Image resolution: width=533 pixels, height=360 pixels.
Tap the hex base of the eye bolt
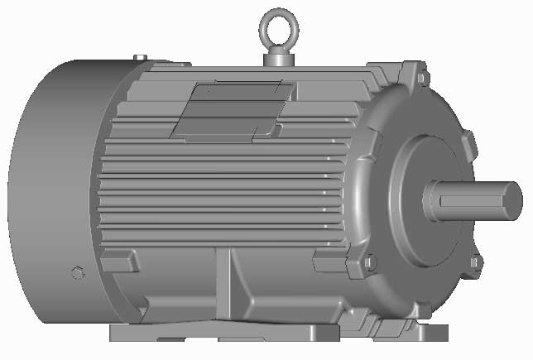pyautogui.click(x=278, y=59)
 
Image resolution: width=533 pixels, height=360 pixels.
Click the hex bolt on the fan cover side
pyautogui.click(x=78, y=272)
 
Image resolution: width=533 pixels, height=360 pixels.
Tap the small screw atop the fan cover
pyautogui.click(x=139, y=57)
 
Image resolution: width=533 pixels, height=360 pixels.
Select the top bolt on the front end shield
pyautogui.click(x=423, y=78)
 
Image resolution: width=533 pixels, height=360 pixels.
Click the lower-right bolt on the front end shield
pyautogui.click(x=474, y=262)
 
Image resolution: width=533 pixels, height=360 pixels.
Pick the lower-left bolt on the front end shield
pyautogui.click(x=370, y=262)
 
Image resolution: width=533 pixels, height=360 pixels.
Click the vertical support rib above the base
pyautogui.click(x=226, y=286)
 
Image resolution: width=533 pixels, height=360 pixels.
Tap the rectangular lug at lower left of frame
pyautogui.click(x=120, y=261)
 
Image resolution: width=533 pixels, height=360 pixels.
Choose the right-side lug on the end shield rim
pyautogui.click(x=470, y=144)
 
